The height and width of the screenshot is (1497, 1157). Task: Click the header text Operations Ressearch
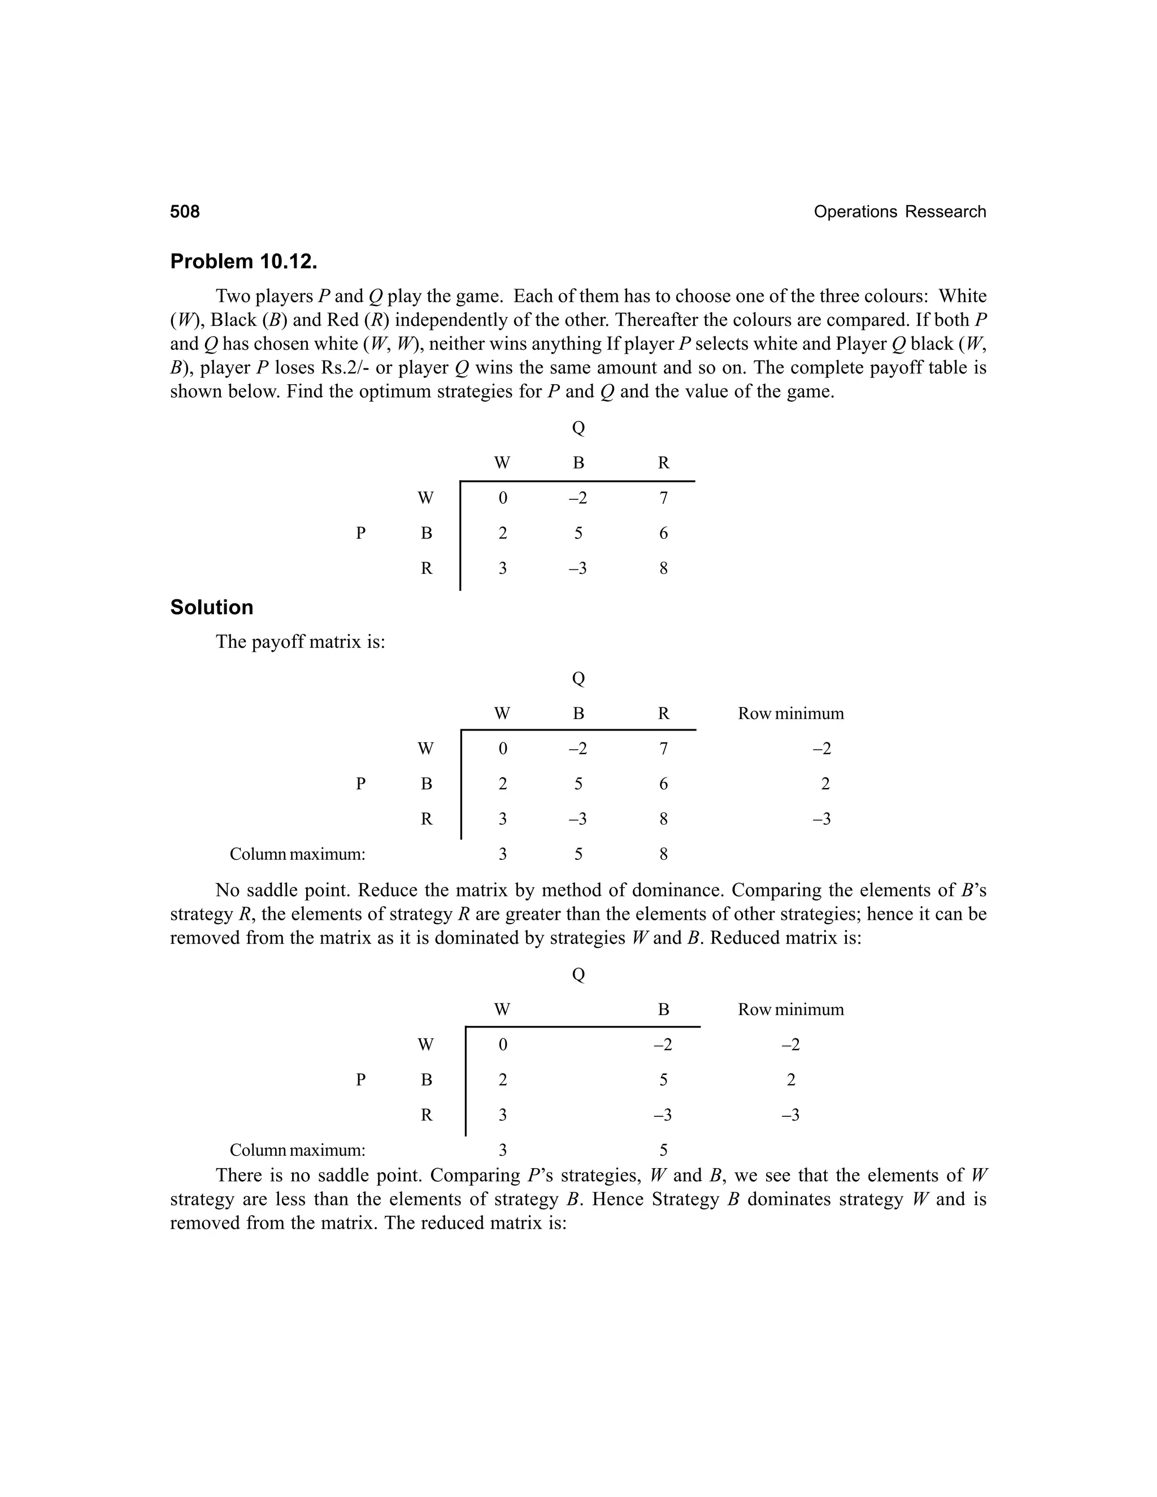[899, 212]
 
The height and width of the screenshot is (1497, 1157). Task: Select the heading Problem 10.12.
[243, 261]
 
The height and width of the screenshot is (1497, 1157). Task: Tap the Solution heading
[211, 607]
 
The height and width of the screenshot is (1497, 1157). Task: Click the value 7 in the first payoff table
[663, 498]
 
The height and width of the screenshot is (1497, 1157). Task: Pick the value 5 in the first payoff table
[578, 533]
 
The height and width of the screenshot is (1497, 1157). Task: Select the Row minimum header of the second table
[790, 713]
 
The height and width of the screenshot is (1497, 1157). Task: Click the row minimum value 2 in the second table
[825, 784]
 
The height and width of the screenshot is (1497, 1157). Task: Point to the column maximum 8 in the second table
[663, 854]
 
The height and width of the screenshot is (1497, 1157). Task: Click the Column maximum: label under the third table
[297, 1150]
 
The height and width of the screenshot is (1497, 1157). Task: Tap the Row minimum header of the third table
[790, 1009]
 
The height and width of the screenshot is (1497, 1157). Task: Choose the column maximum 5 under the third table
[663, 1150]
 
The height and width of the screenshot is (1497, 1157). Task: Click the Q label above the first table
[578, 428]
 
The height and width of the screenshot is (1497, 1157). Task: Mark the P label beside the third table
[360, 1080]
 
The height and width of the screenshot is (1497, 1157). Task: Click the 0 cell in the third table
[502, 1045]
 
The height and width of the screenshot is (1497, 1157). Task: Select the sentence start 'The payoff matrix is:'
[300, 642]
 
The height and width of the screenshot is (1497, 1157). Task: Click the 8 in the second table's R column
[663, 819]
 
